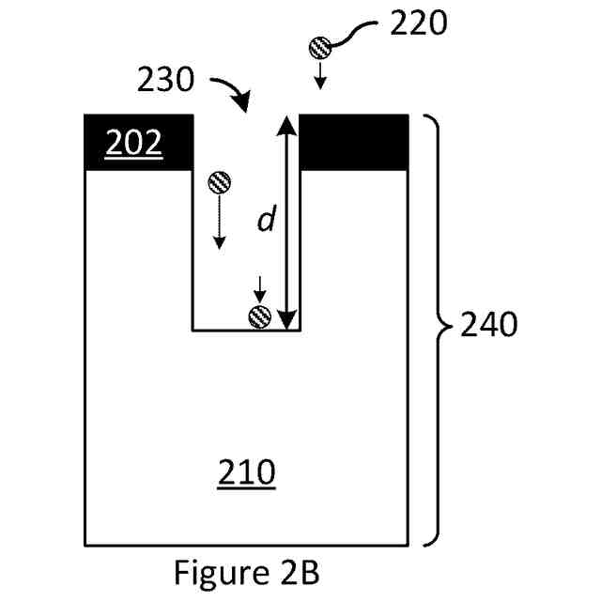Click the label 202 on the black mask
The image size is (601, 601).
tap(132, 144)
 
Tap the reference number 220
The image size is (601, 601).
tap(418, 23)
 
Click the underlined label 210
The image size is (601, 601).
tap(246, 473)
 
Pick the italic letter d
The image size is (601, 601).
tap(267, 221)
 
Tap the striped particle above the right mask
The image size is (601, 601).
tap(320, 46)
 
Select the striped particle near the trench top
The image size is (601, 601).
tap(219, 180)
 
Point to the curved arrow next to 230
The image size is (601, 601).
tap(231, 91)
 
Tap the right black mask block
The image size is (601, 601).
tap(353, 142)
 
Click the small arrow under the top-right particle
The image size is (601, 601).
tap(320, 77)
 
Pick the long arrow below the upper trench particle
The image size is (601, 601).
tap(219, 224)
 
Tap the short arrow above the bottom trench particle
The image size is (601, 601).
tap(258, 286)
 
